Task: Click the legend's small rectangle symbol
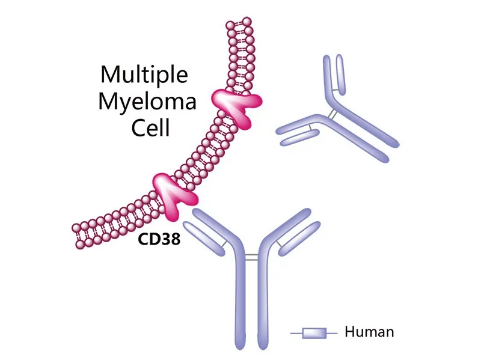(314, 332)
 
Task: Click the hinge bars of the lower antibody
(252, 257)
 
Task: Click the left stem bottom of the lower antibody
(240, 343)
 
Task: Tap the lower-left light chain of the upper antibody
(298, 138)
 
